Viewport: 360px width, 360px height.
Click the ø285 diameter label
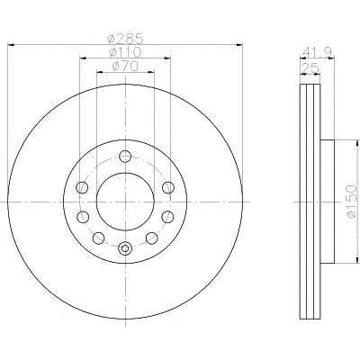click(x=125, y=38)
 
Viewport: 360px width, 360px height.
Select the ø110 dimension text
click(x=125, y=53)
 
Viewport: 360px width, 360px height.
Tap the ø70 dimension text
click(x=125, y=67)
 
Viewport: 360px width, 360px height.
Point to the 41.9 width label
click(x=317, y=53)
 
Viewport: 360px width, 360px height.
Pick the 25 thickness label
click(x=310, y=68)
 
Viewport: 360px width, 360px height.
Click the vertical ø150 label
click(x=353, y=201)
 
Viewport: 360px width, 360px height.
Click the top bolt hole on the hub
click(x=125, y=156)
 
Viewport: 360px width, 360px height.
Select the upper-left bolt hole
click(x=83, y=187)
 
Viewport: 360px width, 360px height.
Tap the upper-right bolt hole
click(x=168, y=187)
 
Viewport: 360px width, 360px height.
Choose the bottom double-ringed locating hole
click(x=125, y=248)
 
